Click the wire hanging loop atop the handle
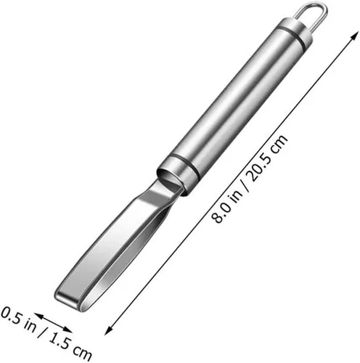click(314, 5)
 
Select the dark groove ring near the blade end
click(184, 167)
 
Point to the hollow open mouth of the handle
click(169, 179)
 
